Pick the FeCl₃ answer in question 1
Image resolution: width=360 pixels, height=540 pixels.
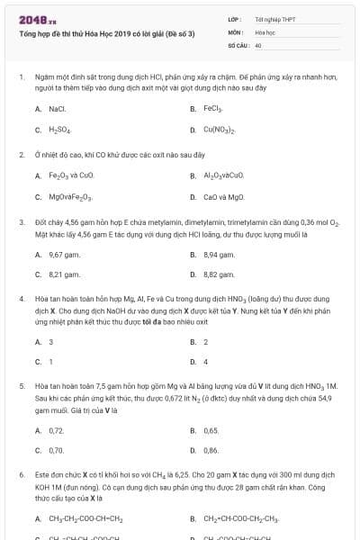212,108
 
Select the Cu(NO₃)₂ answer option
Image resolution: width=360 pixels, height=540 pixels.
220,130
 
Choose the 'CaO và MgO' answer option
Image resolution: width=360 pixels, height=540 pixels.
223,196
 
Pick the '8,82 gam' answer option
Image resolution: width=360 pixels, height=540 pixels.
219,274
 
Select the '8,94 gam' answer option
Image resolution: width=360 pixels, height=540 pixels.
219,254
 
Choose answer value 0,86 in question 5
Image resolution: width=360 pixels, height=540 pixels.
211,450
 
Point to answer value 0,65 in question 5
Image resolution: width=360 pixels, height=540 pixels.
211,430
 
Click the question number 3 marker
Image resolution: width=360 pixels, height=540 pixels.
21,220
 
